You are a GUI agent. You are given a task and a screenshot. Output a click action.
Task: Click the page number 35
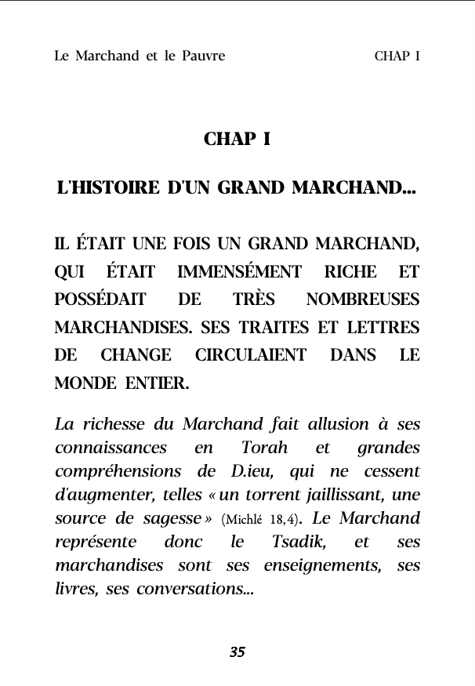tap(237, 652)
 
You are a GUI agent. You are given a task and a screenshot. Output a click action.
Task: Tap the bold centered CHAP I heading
tap(237, 140)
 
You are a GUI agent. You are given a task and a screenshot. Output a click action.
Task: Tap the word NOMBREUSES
tap(363, 299)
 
